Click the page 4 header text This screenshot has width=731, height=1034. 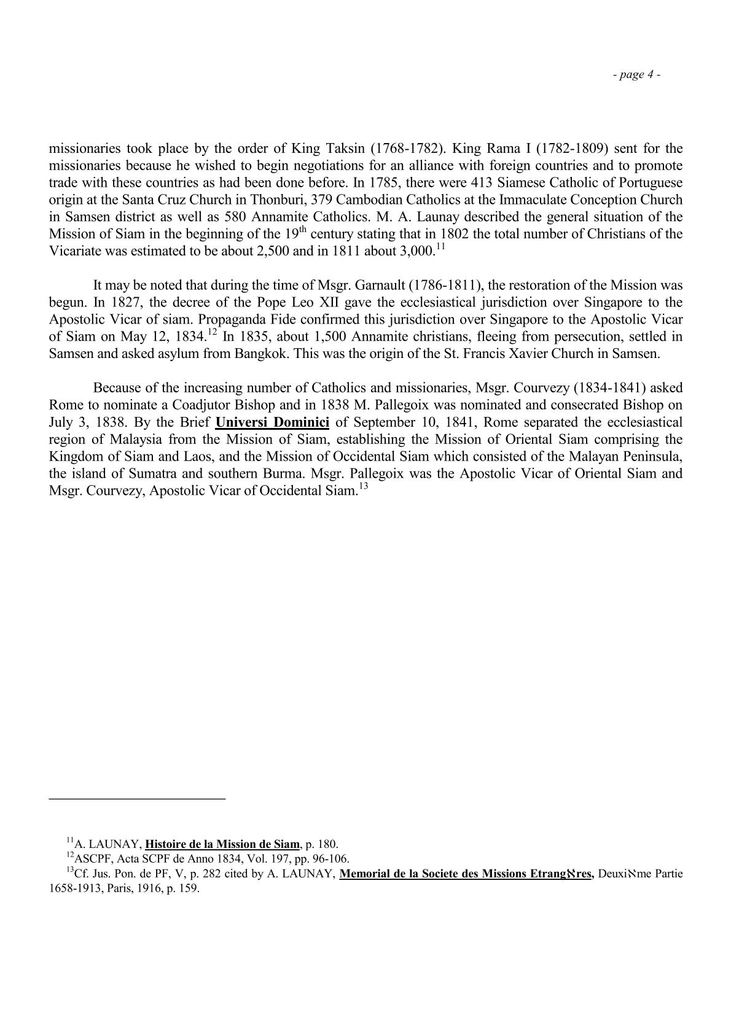[x=636, y=75]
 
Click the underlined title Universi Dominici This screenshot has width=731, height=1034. [x=273, y=422]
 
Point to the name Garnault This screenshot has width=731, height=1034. [x=381, y=286]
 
